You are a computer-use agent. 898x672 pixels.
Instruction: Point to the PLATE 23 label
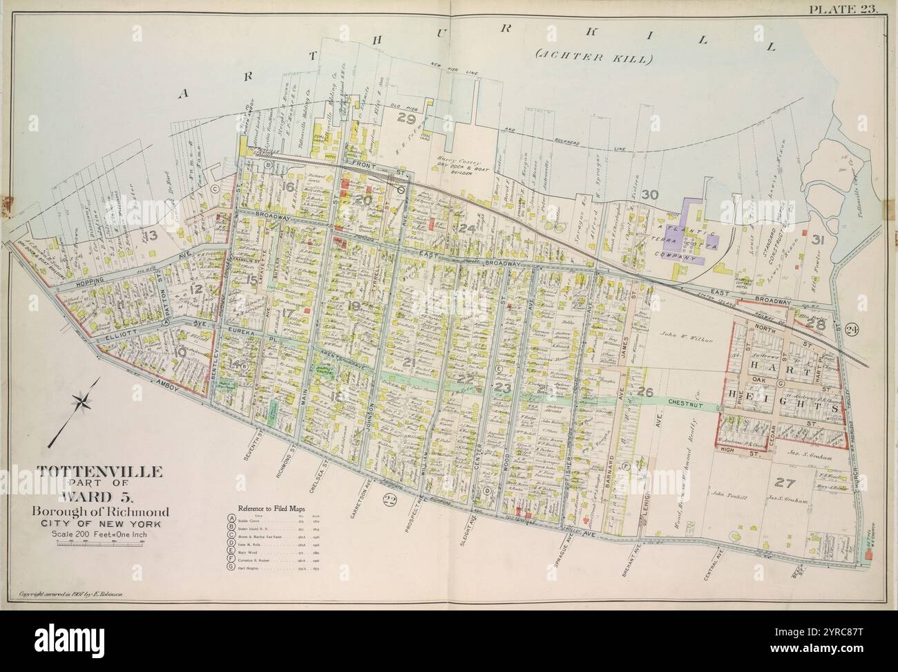pyautogui.click(x=851, y=9)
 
